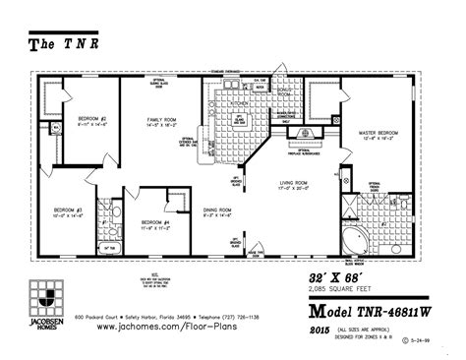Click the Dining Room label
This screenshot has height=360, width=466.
click(216, 210)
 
